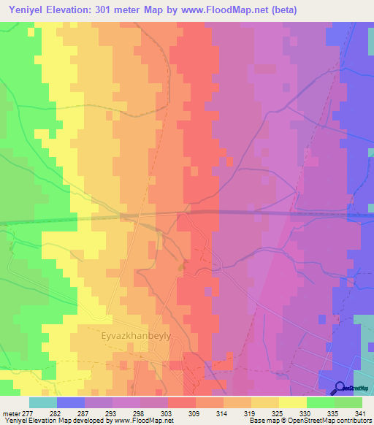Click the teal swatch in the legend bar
coord(42,402)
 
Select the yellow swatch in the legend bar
coord(292,402)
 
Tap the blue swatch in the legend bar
coord(70,402)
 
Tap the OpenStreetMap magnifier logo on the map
coord(340,388)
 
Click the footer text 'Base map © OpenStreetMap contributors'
coord(310,421)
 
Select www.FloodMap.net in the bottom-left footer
coord(149,421)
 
